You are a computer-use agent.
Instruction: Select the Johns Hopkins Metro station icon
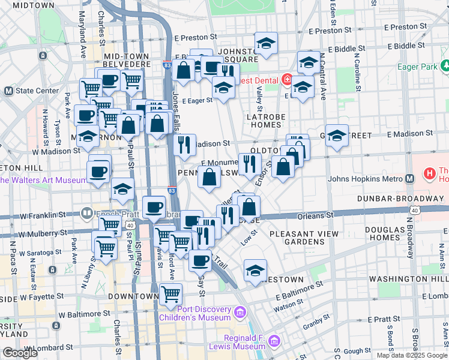tap(410, 178)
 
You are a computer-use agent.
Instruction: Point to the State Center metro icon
tap(8, 91)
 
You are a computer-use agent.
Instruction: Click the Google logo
tap(20, 353)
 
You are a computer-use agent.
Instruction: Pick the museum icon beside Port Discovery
tap(240, 313)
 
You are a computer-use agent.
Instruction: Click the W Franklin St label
tap(42, 215)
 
